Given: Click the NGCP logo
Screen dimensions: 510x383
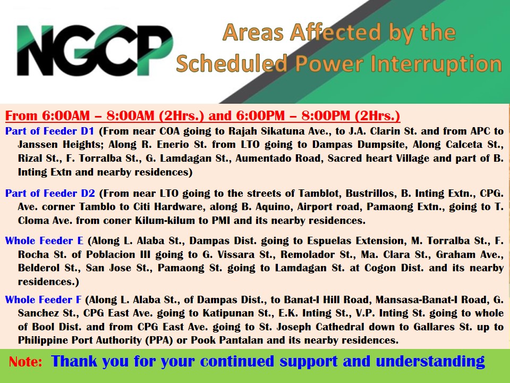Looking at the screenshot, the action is pyautogui.click(x=95, y=51).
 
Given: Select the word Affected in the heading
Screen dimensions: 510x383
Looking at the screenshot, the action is pyautogui.click(x=335, y=32).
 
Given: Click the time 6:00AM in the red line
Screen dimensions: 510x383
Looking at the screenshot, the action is pyautogui.click(x=66, y=115).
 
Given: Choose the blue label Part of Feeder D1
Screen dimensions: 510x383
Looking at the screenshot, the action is pyautogui.click(x=49, y=131).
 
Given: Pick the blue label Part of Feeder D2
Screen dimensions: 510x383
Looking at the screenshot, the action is pyautogui.click(x=50, y=193).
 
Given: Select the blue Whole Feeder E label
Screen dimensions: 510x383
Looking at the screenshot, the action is pyautogui.click(x=44, y=240).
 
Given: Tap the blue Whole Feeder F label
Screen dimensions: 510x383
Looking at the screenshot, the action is pyautogui.click(x=43, y=299).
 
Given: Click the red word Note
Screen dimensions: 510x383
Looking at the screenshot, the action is pyautogui.click(x=25, y=362).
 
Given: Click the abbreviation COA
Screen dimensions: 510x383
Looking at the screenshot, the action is pyautogui.click(x=169, y=131).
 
